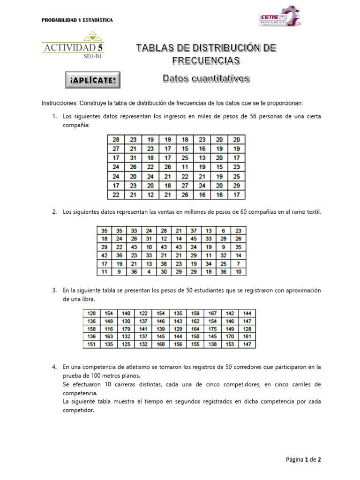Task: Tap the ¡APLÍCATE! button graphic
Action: point(92,80)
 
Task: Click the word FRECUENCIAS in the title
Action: point(206,60)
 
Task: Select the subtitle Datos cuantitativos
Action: point(206,78)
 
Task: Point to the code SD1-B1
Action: point(93,56)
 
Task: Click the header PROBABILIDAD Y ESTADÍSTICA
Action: point(77,20)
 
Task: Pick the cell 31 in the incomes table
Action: point(133,157)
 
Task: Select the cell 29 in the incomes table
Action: point(237,186)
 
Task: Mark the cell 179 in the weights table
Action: point(127,330)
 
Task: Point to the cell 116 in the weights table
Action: point(109,330)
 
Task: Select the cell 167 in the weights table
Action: point(213,313)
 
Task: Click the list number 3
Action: point(54,291)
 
